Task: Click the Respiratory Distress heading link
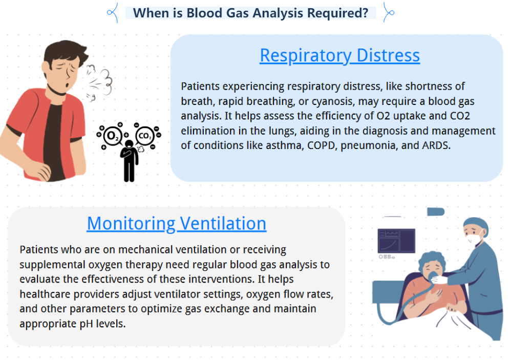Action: point(339,55)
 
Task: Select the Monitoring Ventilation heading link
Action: point(177,223)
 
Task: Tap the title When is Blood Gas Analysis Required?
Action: point(250,13)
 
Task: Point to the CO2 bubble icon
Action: point(145,135)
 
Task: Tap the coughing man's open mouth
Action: point(67,85)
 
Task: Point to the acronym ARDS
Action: point(436,145)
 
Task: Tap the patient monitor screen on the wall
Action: point(396,241)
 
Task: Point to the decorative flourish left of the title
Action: point(113,13)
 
